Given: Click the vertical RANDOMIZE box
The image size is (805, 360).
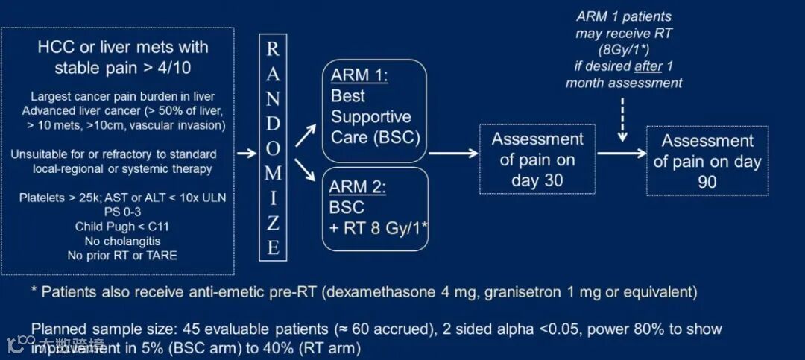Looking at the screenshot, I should pyautogui.click(x=274, y=148).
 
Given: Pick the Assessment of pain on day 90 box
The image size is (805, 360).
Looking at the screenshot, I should pyautogui.click(x=707, y=161).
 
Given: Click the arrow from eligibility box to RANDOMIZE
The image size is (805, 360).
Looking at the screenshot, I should pyautogui.click(x=246, y=154).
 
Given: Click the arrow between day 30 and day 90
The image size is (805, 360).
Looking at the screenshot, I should pyautogui.click(x=621, y=154).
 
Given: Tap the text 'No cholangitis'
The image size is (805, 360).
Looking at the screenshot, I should pyautogui.click(x=122, y=241).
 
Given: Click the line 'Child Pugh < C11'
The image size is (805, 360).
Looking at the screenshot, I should pyautogui.click(x=122, y=227).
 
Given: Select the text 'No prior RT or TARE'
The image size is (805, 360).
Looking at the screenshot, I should pyautogui.click(x=122, y=256).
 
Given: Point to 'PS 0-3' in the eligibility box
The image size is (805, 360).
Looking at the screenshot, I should pyautogui.click(x=122, y=212).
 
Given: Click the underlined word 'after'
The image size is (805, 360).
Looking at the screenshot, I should pyautogui.click(x=648, y=66).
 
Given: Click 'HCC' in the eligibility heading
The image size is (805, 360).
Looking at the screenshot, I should pyautogui.click(x=54, y=48).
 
